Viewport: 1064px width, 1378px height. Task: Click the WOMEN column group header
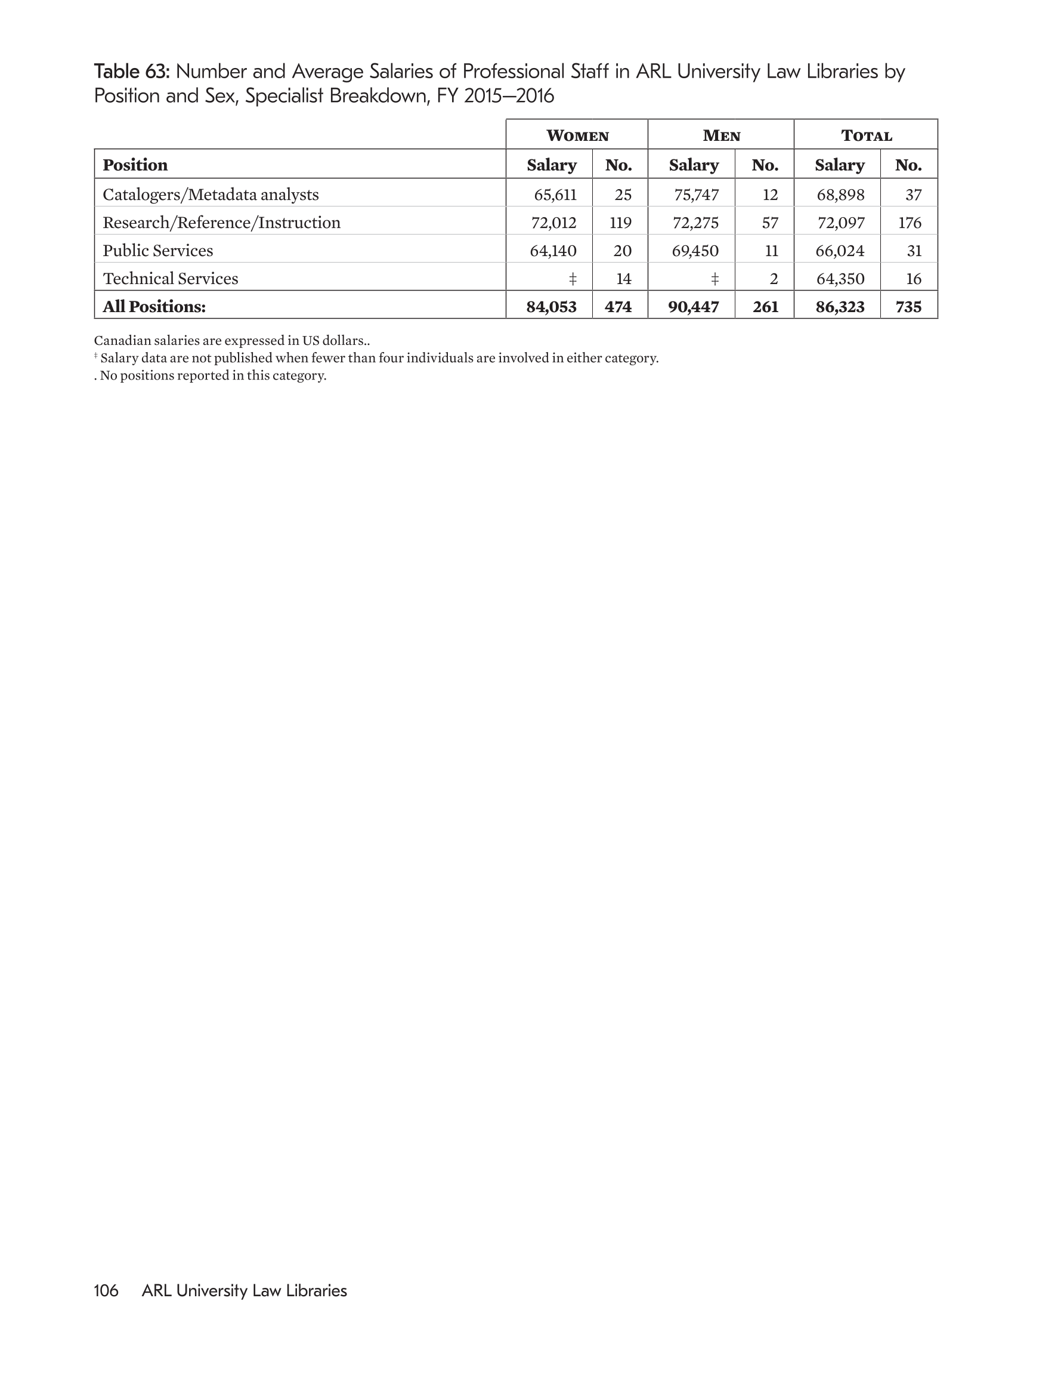[x=577, y=135]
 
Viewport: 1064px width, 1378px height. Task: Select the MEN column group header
[x=722, y=135]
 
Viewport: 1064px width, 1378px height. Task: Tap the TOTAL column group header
[x=866, y=135]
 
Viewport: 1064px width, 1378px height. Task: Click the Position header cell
[x=135, y=165]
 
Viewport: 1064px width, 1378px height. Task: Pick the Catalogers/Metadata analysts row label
[x=211, y=195]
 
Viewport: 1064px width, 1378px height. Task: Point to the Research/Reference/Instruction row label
[x=221, y=223]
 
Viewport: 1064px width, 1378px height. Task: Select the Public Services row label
[x=157, y=251]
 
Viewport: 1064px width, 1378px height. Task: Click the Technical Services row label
[x=171, y=279]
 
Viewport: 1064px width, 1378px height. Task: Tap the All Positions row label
[x=154, y=307]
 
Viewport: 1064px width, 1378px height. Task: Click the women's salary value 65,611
[x=555, y=195]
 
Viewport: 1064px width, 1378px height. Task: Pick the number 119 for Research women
[x=621, y=223]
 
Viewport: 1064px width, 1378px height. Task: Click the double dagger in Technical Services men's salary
[x=715, y=279]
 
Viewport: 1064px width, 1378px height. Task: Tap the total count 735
[x=908, y=307]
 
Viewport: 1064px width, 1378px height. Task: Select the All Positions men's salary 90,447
[x=694, y=307]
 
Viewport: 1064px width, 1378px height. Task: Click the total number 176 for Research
[x=910, y=223]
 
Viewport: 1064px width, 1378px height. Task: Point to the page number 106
[x=106, y=1290]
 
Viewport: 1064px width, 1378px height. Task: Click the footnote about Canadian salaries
[x=231, y=341]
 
